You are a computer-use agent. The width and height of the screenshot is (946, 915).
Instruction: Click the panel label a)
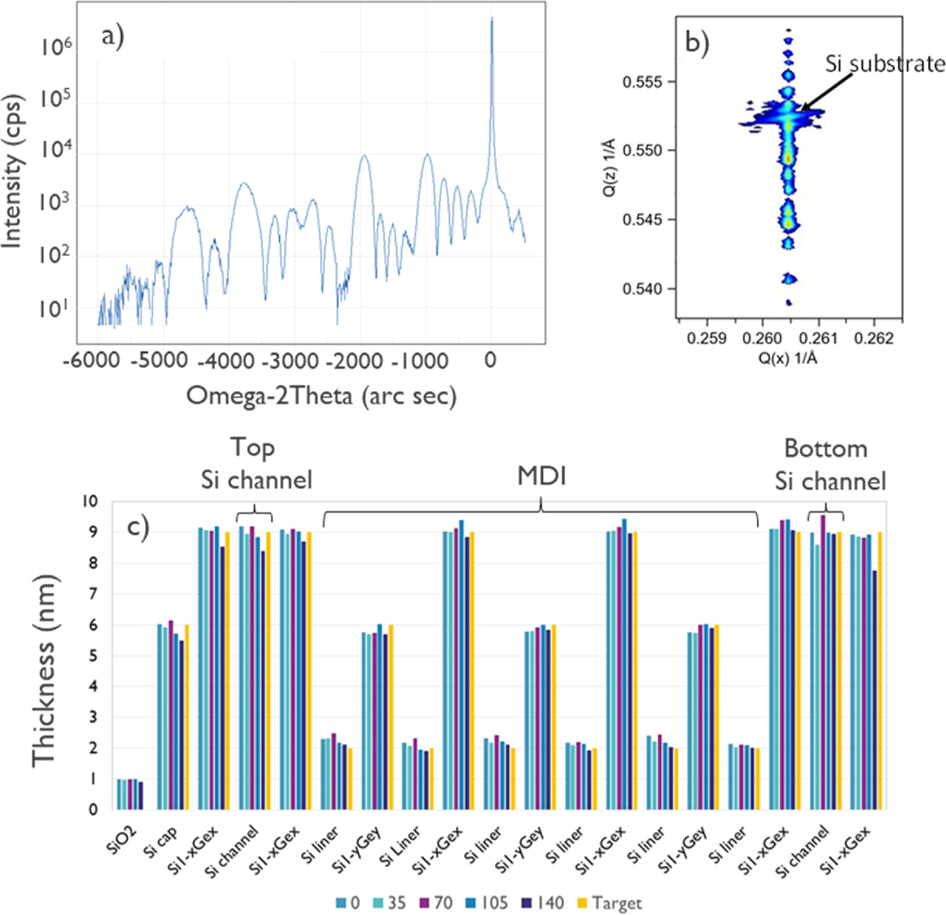(x=113, y=38)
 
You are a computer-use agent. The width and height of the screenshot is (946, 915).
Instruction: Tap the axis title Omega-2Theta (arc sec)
(x=321, y=396)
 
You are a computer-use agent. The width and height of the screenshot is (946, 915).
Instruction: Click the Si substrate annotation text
(x=884, y=64)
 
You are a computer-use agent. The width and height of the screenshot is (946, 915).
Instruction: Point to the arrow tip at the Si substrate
(x=802, y=110)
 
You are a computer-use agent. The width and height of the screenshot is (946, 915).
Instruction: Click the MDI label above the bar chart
(x=541, y=476)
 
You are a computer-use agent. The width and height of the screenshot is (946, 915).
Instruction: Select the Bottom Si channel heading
(x=830, y=465)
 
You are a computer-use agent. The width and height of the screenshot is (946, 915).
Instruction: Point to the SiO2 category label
(x=122, y=840)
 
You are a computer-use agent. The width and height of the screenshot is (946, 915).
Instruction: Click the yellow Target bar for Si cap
(x=187, y=717)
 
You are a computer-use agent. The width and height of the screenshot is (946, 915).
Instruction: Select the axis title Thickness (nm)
(x=44, y=671)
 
